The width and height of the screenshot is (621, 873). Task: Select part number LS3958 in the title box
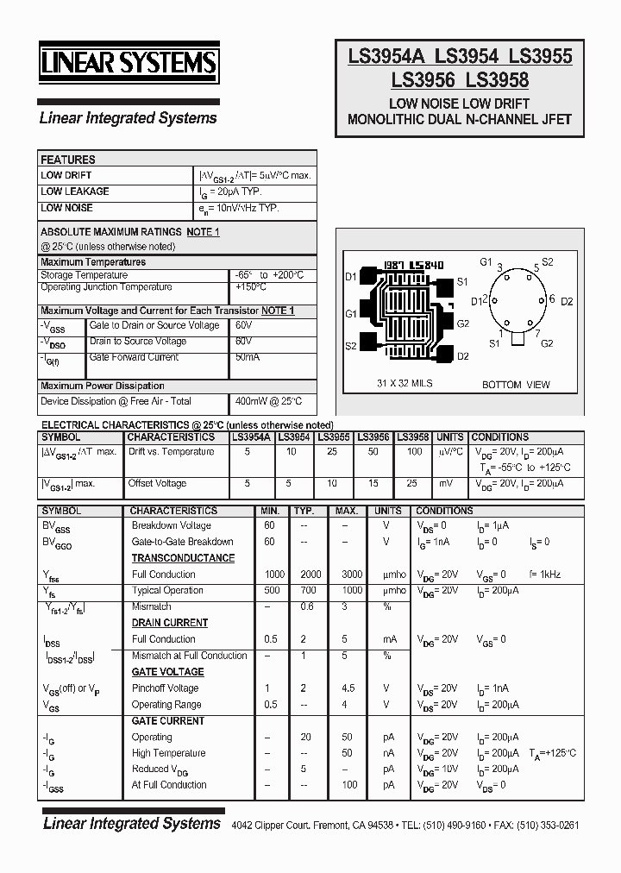pyautogui.click(x=497, y=80)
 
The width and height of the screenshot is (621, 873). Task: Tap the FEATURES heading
pyautogui.click(x=68, y=160)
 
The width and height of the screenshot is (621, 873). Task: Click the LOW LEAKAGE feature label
pyautogui.click(x=75, y=192)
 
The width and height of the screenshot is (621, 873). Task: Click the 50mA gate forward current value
pyautogui.click(x=247, y=356)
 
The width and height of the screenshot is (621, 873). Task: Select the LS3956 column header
pyautogui.click(x=373, y=437)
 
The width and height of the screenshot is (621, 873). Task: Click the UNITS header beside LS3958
pyautogui.click(x=449, y=437)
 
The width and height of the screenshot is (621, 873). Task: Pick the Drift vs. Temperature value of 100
pyautogui.click(x=414, y=451)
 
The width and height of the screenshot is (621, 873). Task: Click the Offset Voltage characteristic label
pyautogui.click(x=157, y=483)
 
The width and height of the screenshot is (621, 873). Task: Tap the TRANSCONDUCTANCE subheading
pyautogui.click(x=183, y=558)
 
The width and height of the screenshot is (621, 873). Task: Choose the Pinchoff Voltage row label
pyautogui.click(x=165, y=688)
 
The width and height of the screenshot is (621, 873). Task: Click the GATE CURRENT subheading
pyautogui.click(x=167, y=720)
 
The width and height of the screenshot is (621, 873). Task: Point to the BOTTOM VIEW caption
pyautogui.click(x=516, y=384)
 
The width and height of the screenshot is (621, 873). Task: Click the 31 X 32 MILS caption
pyautogui.click(x=405, y=383)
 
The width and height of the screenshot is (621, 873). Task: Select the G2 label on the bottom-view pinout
pyautogui.click(x=546, y=343)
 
